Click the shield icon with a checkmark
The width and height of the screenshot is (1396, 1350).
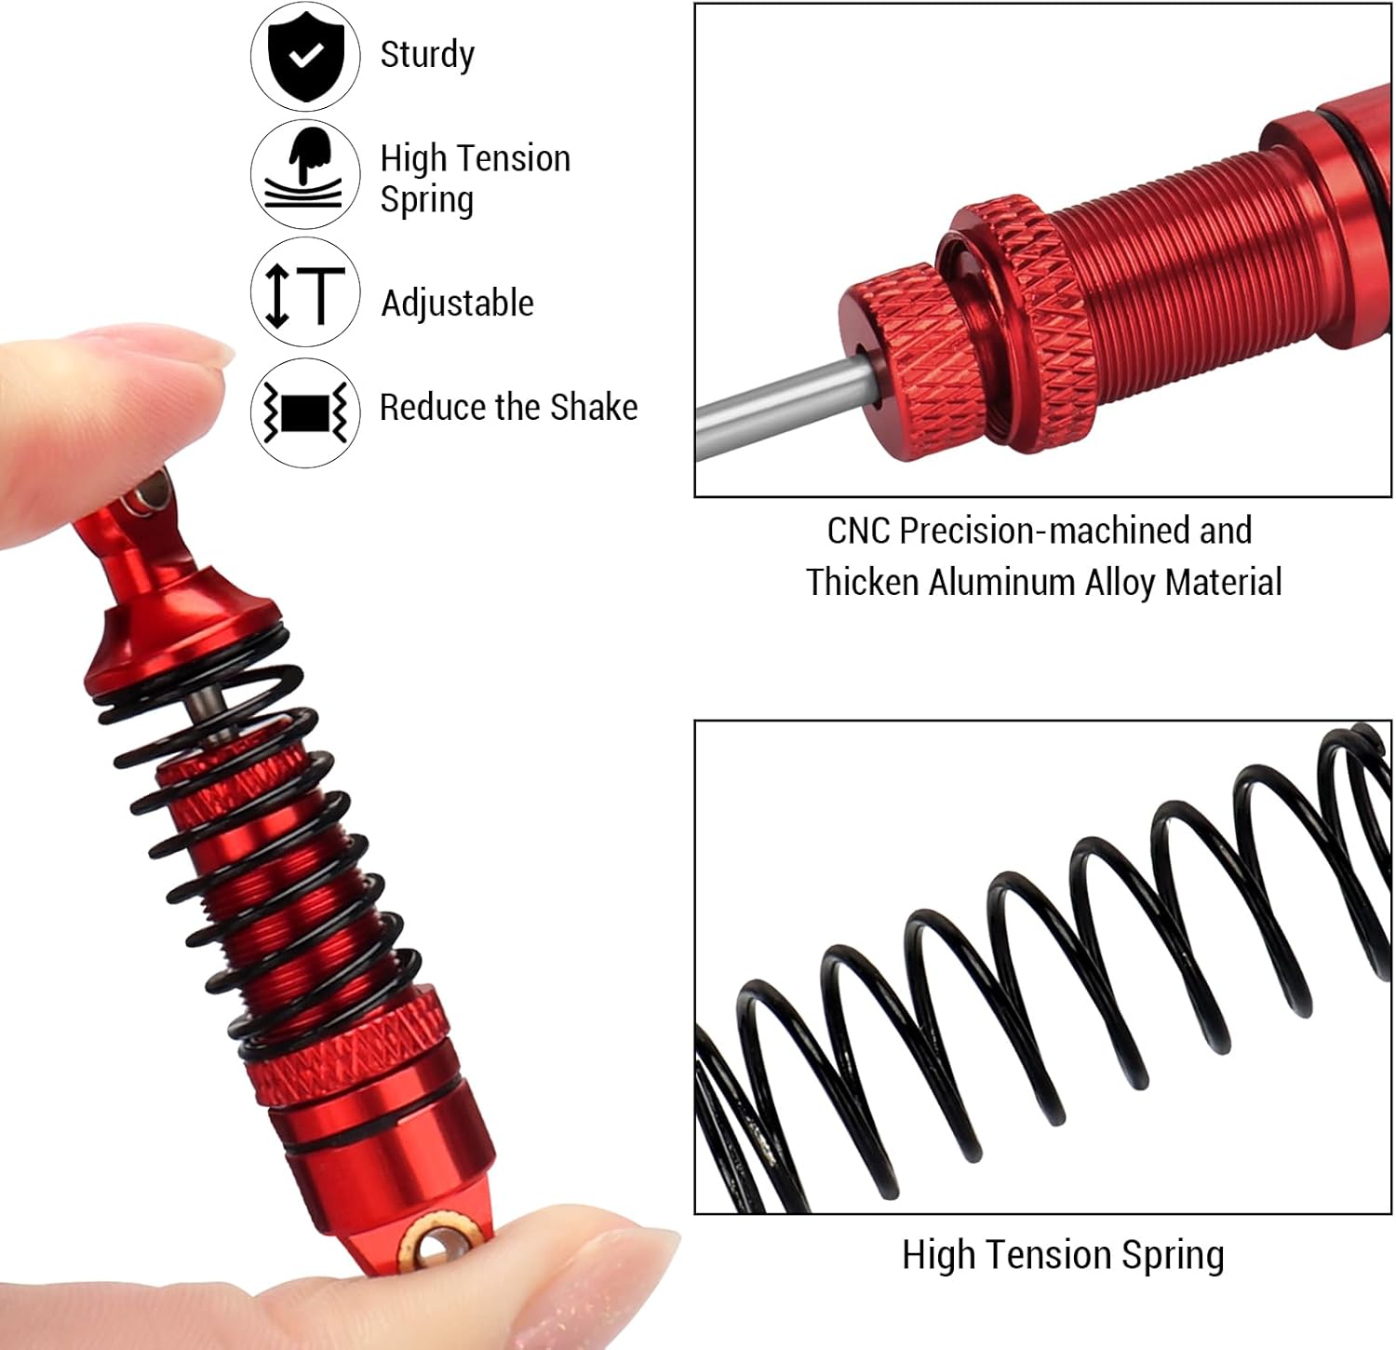point(305,56)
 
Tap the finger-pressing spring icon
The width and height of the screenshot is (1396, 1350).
point(305,174)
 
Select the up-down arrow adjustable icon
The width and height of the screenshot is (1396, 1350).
point(305,292)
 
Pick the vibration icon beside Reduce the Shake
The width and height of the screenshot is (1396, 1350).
point(305,412)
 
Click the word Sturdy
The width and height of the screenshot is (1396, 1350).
point(427,56)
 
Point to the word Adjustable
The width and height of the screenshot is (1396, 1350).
point(458,304)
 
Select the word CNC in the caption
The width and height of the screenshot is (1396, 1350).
point(859,531)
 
